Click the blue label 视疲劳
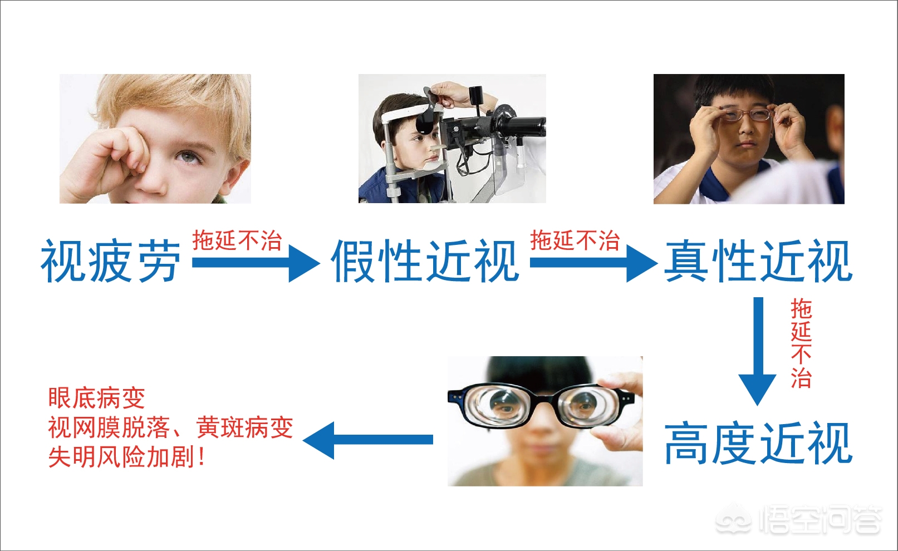(110, 261)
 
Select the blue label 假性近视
(425, 261)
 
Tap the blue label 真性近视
(758, 261)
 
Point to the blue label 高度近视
(758, 443)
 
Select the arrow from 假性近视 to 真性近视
(592, 262)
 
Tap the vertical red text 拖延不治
(801, 343)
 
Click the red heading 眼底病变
(96, 398)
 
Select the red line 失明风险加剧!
(127, 457)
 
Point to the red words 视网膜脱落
(109, 428)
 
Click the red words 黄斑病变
(244, 428)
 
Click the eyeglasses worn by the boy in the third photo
(745, 115)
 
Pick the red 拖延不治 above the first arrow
(237, 241)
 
